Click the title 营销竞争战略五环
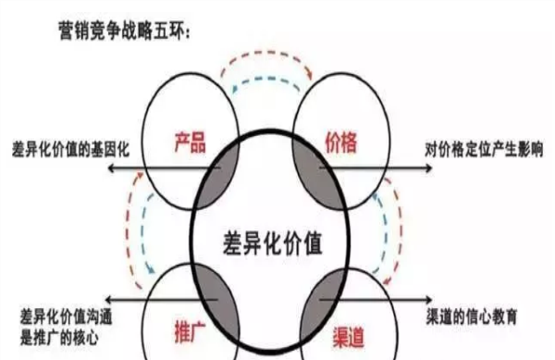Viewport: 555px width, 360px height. click(125, 35)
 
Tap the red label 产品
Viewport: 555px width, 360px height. click(190, 143)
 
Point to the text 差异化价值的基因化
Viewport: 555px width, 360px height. click(60, 147)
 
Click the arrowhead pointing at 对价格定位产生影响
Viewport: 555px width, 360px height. click(427, 168)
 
